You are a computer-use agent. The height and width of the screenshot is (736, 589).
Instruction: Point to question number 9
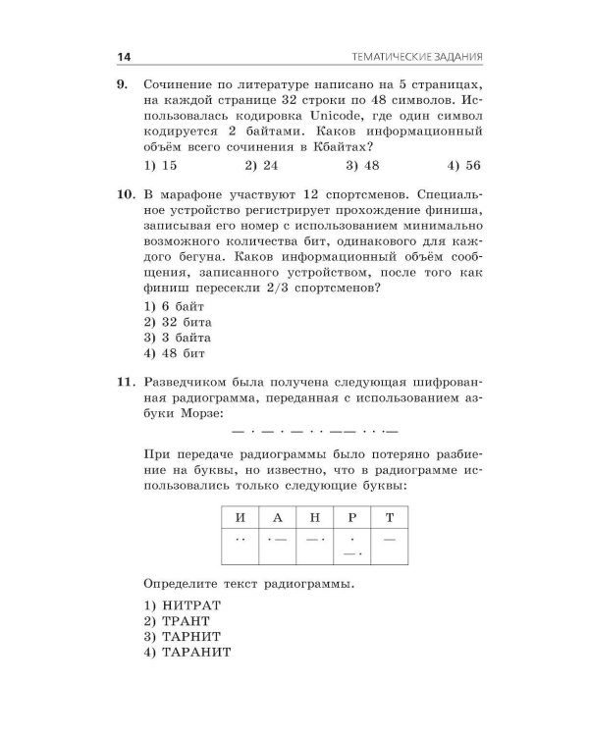coord(123,85)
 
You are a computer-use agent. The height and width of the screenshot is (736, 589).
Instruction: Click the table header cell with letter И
coord(235,515)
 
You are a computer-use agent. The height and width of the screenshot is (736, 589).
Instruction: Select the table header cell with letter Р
coord(351,515)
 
